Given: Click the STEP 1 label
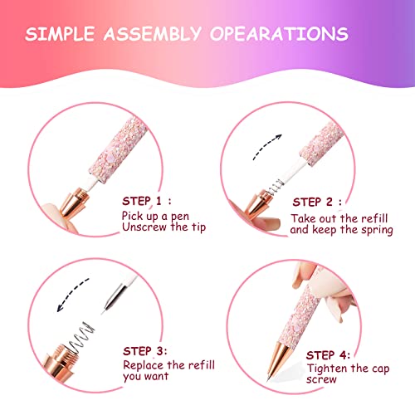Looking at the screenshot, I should (x=147, y=202).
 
